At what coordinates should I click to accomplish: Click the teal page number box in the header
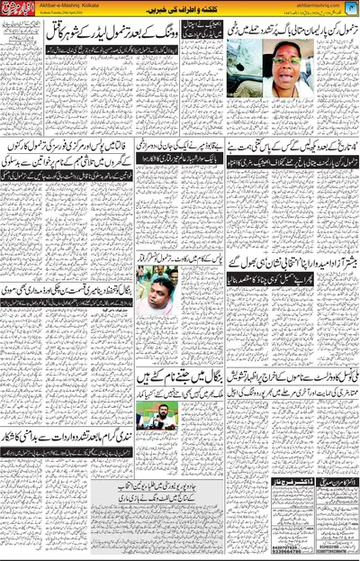(x=350, y=7)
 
